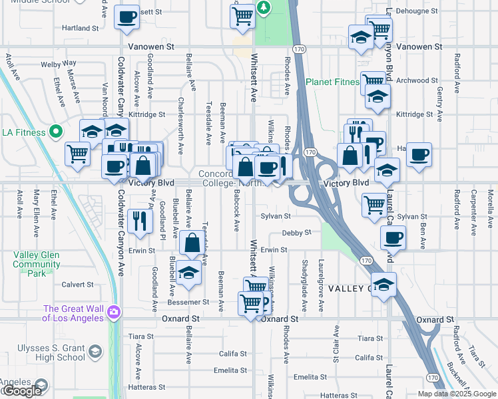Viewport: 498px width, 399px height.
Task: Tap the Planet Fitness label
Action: coord(332,82)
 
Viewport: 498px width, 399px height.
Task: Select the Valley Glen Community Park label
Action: coord(37,264)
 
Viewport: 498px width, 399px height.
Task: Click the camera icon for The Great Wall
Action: coord(114,311)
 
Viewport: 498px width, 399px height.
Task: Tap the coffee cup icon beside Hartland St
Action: coord(126,18)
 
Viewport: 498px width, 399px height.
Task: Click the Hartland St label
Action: coord(80,29)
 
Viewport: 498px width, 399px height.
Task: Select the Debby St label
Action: coord(296,233)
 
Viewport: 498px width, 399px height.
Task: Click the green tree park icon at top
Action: coord(264,7)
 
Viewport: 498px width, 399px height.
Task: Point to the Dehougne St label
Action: coord(417,11)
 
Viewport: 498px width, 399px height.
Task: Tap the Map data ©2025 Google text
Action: coord(456,394)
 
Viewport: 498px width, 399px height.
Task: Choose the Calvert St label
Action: coord(78,284)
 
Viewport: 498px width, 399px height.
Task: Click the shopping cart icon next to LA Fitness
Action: coord(77,154)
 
